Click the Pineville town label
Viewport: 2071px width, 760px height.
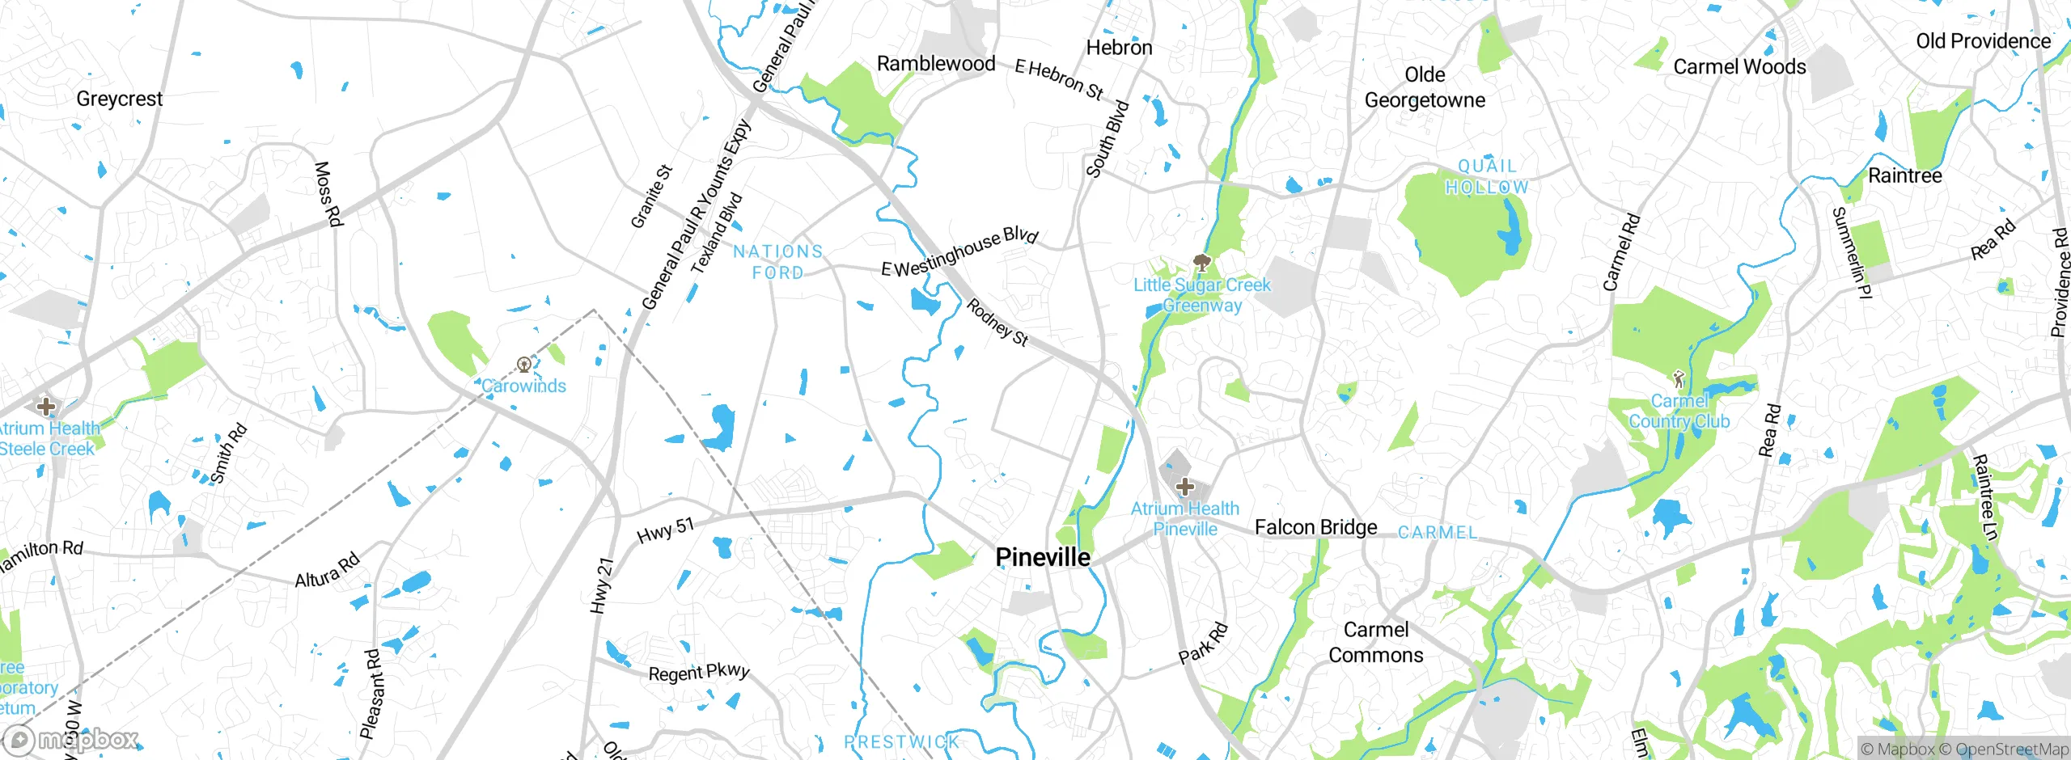coord(1043,557)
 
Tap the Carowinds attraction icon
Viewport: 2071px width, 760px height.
coord(524,365)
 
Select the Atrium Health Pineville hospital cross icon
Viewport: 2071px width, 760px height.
coord(1185,487)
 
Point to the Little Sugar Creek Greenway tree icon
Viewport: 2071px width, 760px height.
coord(1202,263)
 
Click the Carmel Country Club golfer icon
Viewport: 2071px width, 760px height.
coord(1679,378)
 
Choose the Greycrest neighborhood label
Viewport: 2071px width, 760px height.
coord(120,99)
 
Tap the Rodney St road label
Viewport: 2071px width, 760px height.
coord(997,323)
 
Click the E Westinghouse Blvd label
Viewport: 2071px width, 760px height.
coord(959,251)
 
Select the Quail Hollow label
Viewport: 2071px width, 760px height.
coord(1487,176)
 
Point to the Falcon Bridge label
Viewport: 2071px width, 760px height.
coord(1315,527)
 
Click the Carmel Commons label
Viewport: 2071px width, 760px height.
coord(1376,642)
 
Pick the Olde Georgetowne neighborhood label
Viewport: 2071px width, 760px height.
coord(1425,87)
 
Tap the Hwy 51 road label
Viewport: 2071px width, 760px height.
coord(665,530)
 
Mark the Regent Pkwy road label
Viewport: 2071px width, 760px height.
coord(699,673)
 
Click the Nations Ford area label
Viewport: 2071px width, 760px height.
coord(777,262)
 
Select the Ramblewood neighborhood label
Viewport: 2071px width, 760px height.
coord(936,63)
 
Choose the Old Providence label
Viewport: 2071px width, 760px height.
coord(1983,41)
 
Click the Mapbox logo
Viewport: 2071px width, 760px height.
coord(71,740)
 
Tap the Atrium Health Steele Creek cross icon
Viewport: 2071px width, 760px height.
coord(46,406)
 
